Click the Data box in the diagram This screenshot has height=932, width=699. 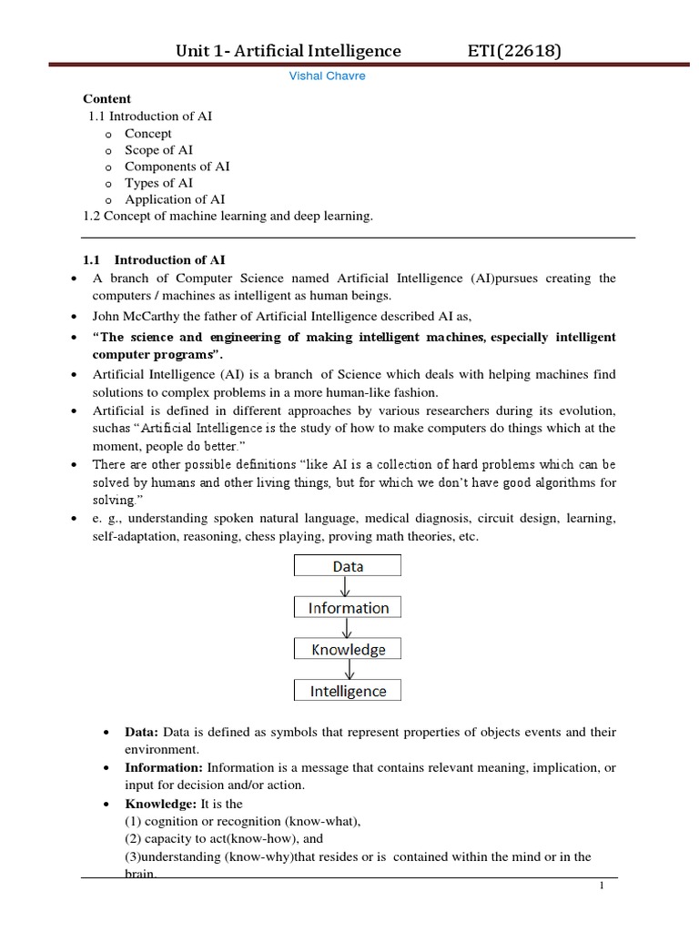click(x=348, y=566)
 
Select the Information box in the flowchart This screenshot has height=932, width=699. click(x=348, y=608)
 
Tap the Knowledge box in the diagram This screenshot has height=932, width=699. click(x=348, y=650)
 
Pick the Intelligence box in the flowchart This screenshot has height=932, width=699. click(x=348, y=691)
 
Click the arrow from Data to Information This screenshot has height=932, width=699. click(x=348, y=587)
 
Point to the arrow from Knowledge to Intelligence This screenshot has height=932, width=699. click(x=348, y=671)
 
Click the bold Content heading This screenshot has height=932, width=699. click(x=107, y=99)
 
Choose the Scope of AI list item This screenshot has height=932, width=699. click(x=158, y=150)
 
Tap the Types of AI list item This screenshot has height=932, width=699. click(x=158, y=183)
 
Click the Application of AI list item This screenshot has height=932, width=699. click(x=175, y=199)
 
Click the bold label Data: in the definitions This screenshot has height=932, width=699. click(x=141, y=733)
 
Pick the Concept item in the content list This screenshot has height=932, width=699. click(x=148, y=134)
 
